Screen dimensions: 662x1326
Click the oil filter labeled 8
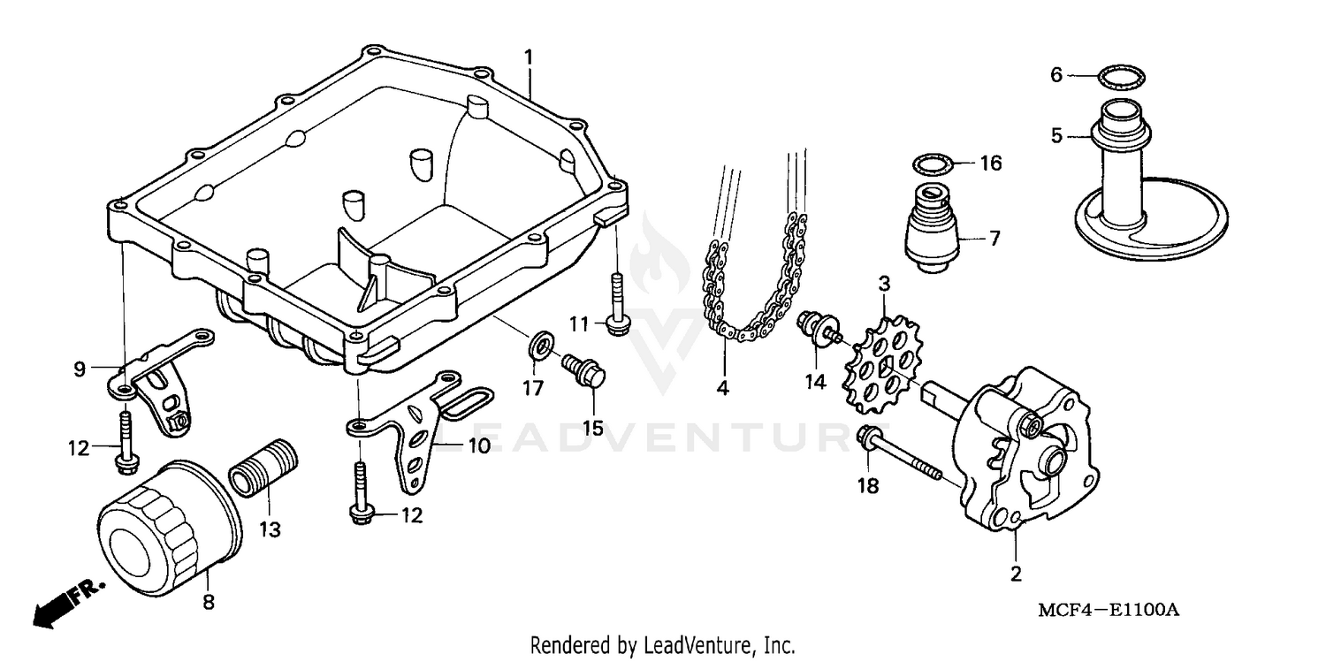[x=168, y=527]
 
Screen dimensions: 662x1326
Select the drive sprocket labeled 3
[x=879, y=368]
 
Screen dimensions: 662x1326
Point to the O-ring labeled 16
[x=933, y=164]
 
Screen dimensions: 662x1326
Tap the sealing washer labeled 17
[x=540, y=346]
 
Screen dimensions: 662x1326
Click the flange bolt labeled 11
[x=615, y=304]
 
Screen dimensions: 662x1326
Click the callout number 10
[x=478, y=446]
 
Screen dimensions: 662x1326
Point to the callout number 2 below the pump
[x=1016, y=574]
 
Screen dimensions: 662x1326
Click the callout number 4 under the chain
[x=723, y=388]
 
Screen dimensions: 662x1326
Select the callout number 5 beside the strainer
[x=1056, y=136]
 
